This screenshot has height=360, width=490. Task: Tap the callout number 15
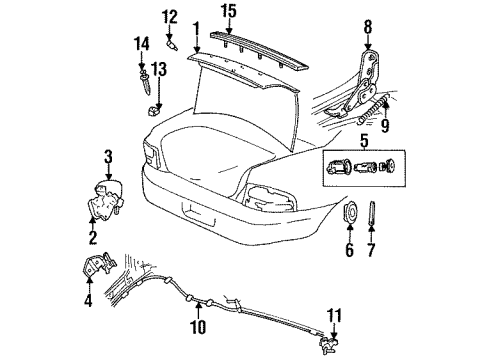(x=229, y=12)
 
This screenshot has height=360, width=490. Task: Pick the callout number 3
(x=109, y=155)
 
